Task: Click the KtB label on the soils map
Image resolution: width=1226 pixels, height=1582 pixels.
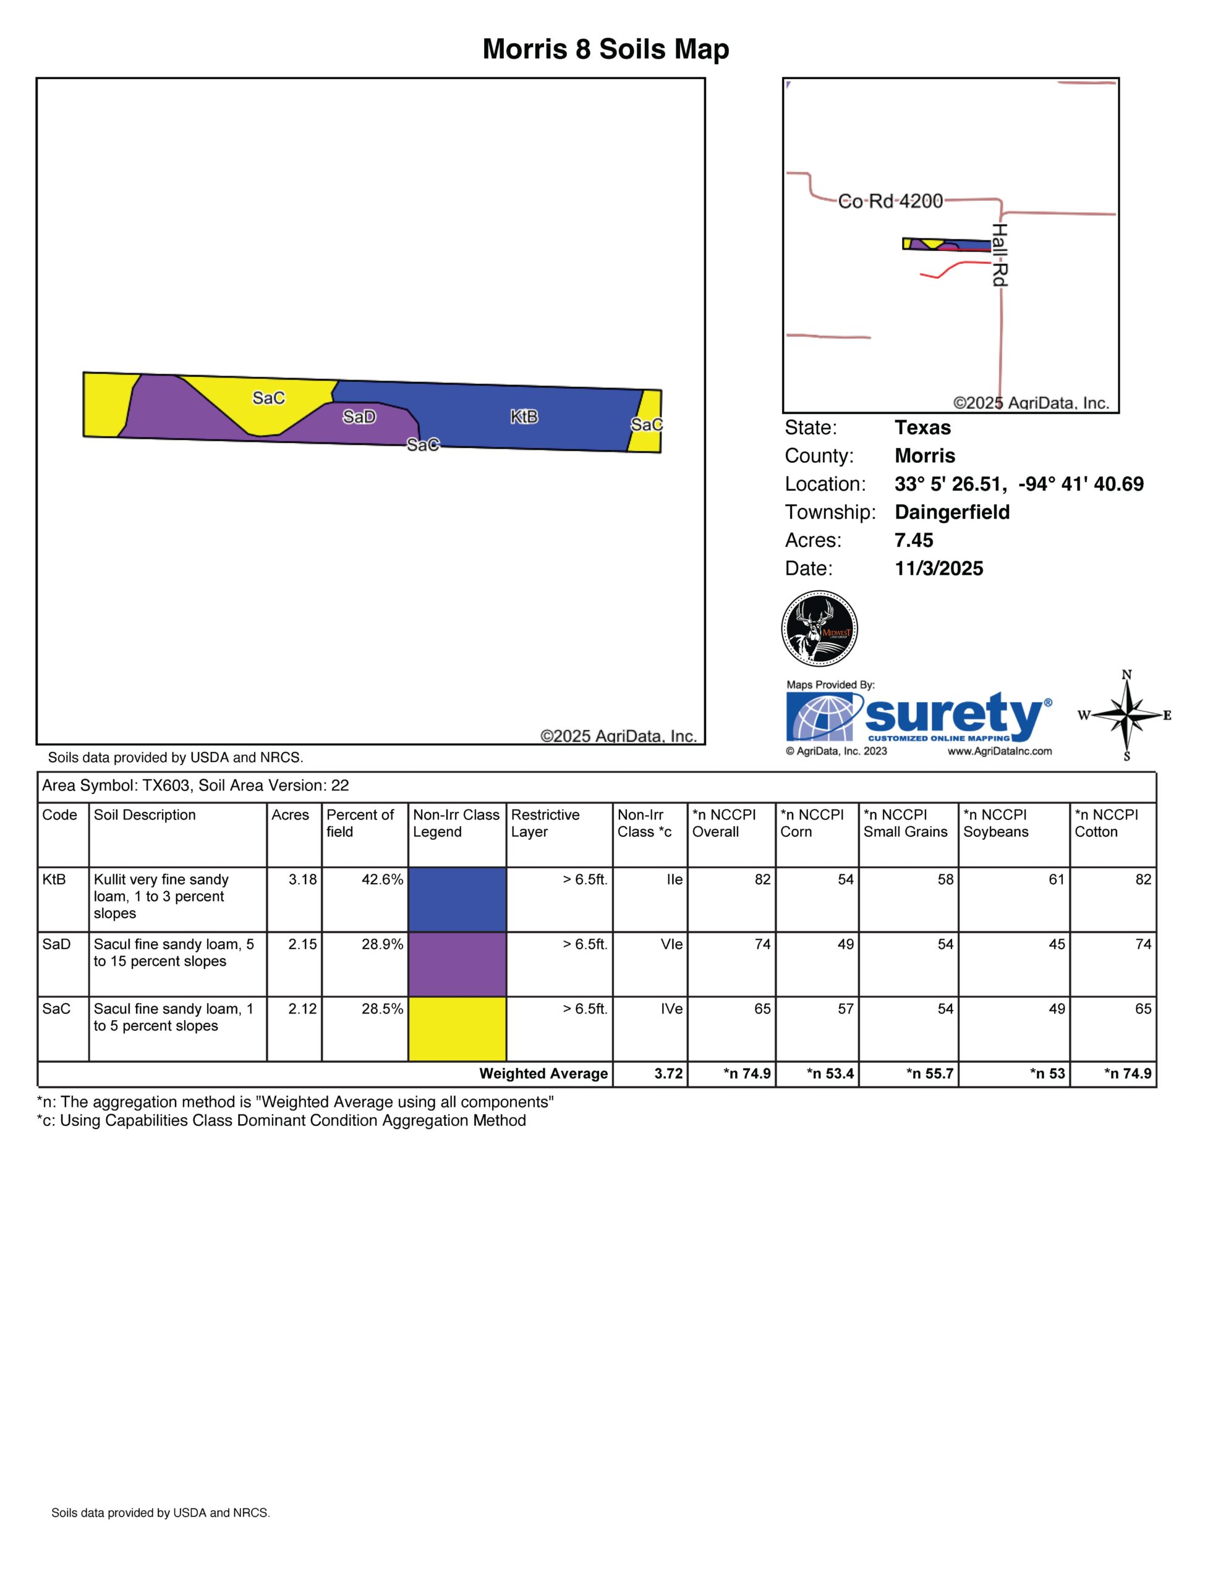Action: (x=524, y=417)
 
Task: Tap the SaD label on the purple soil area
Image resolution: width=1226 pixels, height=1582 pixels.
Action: (x=359, y=417)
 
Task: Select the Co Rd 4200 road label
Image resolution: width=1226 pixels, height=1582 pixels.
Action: (x=890, y=201)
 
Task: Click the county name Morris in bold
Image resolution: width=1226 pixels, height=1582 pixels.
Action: (x=924, y=455)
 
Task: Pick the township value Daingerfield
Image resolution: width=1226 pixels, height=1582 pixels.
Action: (x=951, y=512)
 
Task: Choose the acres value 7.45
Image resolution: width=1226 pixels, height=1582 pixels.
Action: (x=914, y=540)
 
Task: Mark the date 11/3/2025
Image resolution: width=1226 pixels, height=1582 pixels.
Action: (x=939, y=569)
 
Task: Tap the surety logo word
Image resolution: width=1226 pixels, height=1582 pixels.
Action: (x=953, y=714)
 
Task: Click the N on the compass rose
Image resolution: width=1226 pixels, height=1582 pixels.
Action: (x=1126, y=675)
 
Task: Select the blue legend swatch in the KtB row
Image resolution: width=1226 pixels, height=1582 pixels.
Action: (x=458, y=899)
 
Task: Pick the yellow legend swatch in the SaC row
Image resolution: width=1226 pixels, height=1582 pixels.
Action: (x=458, y=1028)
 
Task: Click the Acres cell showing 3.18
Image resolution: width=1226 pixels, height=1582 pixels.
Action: (x=302, y=879)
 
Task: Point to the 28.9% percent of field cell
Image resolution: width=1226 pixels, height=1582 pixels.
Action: (x=382, y=944)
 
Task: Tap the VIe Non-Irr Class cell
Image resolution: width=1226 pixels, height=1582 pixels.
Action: (x=671, y=944)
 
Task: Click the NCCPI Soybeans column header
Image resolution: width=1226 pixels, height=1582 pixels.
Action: (x=995, y=824)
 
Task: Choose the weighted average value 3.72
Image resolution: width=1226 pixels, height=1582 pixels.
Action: (x=668, y=1073)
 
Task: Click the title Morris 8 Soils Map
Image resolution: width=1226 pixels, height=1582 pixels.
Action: (x=606, y=49)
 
